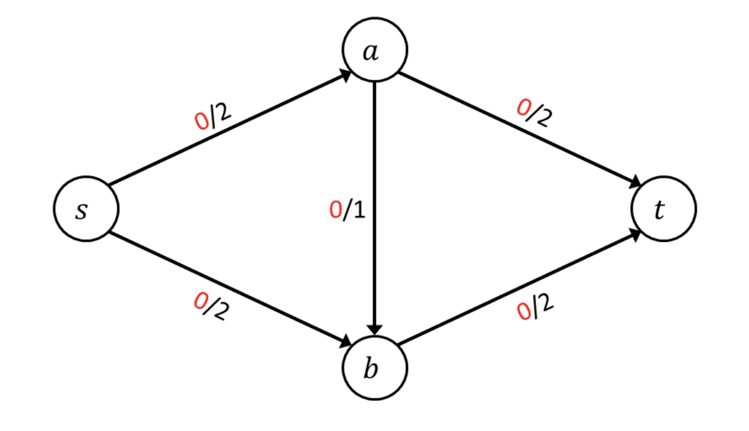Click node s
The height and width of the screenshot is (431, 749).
click(x=86, y=209)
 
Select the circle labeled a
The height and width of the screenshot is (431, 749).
click(x=375, y=50)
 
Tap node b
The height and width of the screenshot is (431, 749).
click(x=375, y=368)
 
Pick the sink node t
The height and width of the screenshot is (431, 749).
click(x=663, y=209)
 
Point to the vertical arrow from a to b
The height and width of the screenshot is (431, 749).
click(x=375, y=264)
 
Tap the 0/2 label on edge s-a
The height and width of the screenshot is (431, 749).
click(x=213, y=116)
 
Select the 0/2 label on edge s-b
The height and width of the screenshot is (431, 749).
click(x=210, y=307)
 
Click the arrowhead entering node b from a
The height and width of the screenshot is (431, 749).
click(x=375, y=329)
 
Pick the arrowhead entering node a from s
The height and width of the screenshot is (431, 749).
click(x=345, y=75)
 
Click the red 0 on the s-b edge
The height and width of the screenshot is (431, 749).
click(x=201, y=303)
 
